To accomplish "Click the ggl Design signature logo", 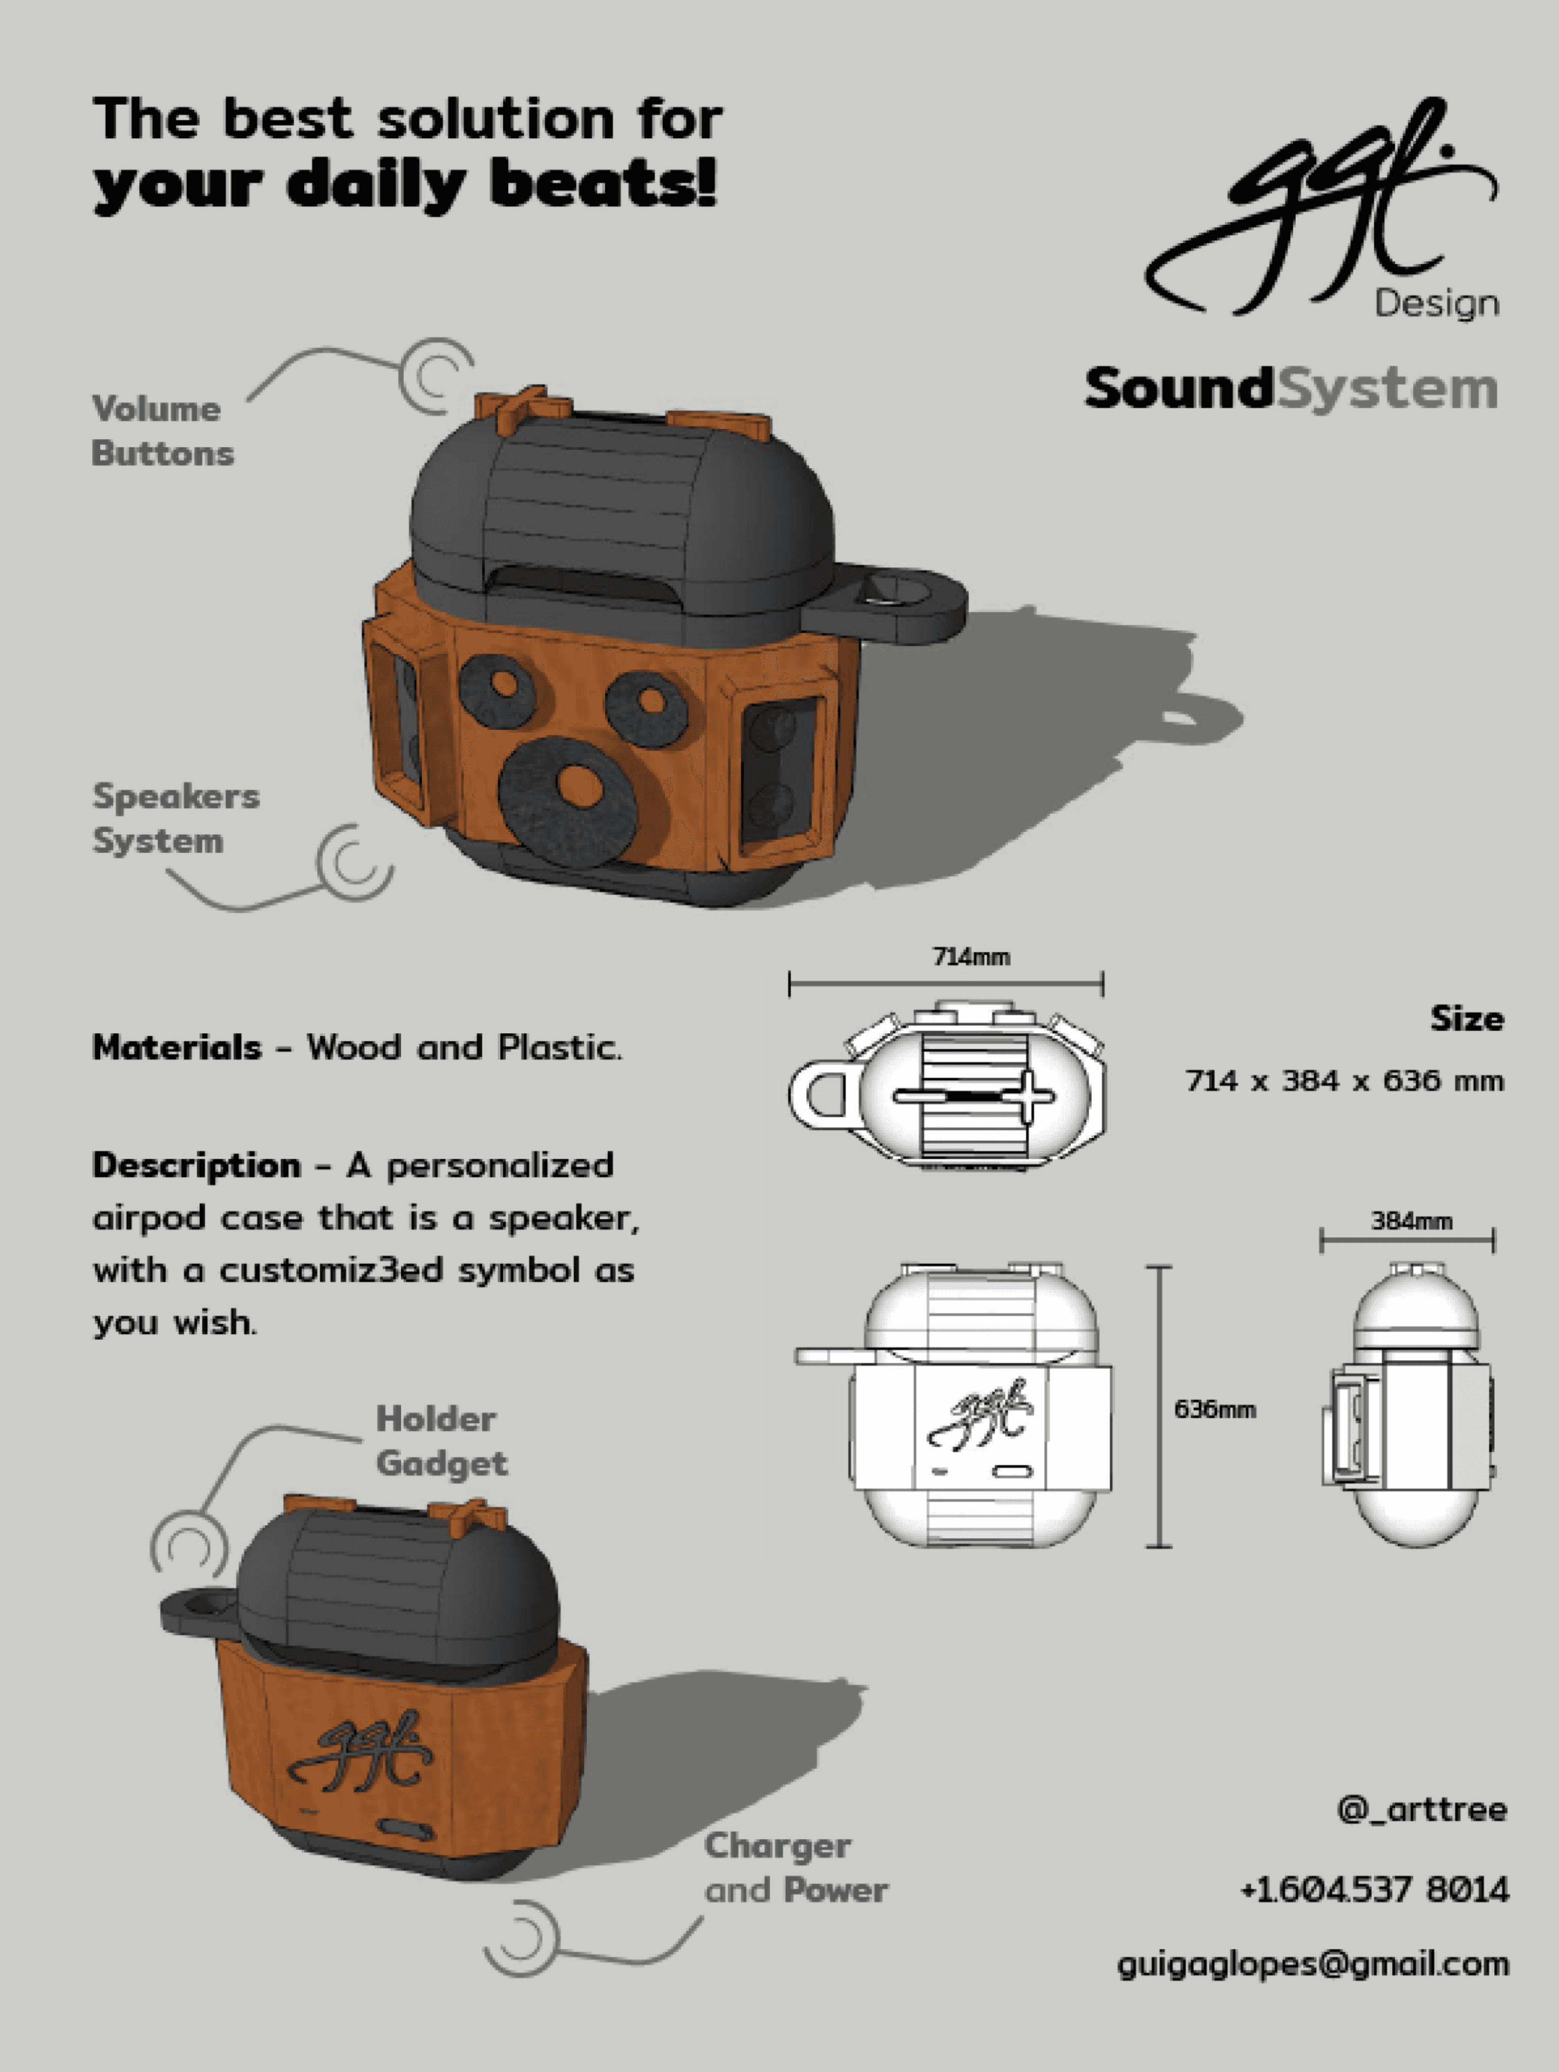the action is coord(1320,208).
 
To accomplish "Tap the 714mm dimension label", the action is coord(971,956).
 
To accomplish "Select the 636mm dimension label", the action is coord(1214,1409).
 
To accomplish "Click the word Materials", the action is coord(177,1047).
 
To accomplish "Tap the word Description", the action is coord(196,1165).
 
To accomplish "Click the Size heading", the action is coord(1466,1018).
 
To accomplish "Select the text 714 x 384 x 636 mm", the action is coord(1345,1081).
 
